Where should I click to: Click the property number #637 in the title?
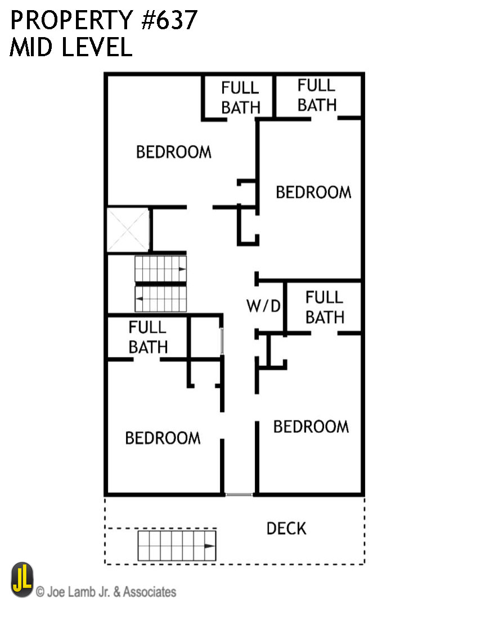[x=169, y=20]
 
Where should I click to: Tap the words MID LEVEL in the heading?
[x=71, y=47]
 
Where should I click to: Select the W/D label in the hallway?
[x=264, y=306]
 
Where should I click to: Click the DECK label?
[x=286, y=528]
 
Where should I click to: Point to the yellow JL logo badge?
[x=22, y=580]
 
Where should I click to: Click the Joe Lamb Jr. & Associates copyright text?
[x=106, y=591]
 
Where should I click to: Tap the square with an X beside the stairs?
[x=128, y=230]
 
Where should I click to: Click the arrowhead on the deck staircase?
[x=210, y=546]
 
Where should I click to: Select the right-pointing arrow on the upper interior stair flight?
[x=182, y=269]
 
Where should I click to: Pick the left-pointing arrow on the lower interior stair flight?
[x=139, y=298]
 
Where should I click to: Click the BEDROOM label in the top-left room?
[x=174, y=152]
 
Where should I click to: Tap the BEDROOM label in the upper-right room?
[x=313, y=192]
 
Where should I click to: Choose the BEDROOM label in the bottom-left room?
[x=163, y=438]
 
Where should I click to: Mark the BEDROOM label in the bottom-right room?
[x=311, y=427]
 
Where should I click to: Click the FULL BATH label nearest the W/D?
[x=325, y=307]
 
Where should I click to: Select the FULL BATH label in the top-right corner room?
[x=317, y=95]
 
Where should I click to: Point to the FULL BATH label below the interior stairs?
[x=148, y=337]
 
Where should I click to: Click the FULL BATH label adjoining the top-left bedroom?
[x=241, y=98]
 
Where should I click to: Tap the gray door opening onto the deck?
[x=239, y=495]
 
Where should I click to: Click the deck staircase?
[x=177, y=546]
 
